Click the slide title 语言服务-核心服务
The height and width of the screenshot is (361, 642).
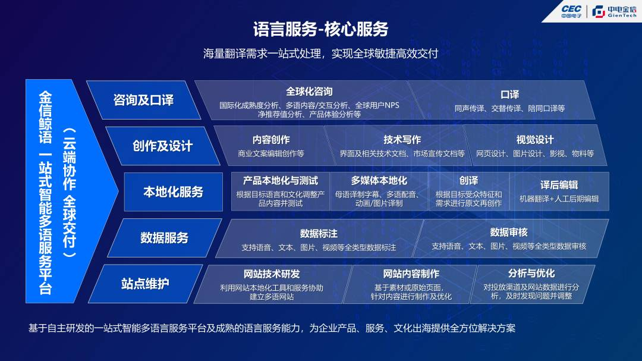(320, 29)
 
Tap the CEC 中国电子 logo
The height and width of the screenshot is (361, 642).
(571, 11)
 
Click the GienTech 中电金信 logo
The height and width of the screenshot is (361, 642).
(615, 11)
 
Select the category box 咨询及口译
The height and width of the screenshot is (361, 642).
(143, 100)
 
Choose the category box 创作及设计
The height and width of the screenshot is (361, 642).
(162, 146)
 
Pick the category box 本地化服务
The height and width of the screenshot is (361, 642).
(173, 192)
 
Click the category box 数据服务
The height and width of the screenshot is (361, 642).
(164, 238)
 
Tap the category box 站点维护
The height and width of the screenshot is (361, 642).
(146, 284)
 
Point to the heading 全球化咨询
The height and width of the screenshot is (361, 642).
(309, 92)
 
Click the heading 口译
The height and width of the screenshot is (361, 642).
(510, 95)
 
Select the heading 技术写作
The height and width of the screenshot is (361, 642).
(402, 140)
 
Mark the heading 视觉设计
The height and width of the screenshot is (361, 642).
(535, 140)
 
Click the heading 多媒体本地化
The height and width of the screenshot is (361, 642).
(379, 181)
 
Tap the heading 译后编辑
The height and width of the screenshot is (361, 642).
(559, 185)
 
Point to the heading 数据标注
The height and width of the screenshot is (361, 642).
(319, 234)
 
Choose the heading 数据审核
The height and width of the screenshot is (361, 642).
(508, 233)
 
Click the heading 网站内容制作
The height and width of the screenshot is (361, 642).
(411, 274)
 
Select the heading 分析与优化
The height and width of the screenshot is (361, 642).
(531, 274)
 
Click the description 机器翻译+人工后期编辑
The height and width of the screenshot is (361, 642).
(559, 199)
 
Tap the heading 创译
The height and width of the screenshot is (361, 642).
(468, 181)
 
